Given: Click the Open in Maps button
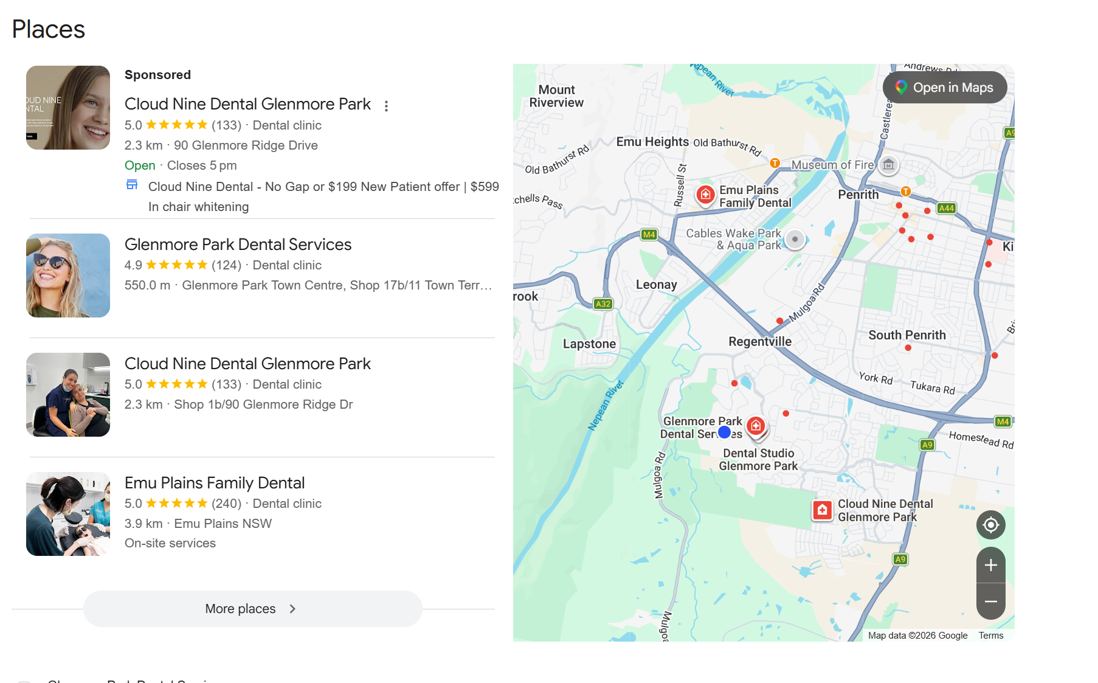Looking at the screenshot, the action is point(944,88).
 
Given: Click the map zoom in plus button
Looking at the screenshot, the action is point(990,565).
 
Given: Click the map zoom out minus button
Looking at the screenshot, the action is point(990,602).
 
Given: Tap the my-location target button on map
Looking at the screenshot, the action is point(990,525).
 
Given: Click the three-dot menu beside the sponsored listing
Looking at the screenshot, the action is point(386,106).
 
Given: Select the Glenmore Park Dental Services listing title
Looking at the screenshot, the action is point(238,244).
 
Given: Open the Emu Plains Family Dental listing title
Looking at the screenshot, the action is point(215,483).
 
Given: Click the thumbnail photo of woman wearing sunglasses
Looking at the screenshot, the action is point(68,276).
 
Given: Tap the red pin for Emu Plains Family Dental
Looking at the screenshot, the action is point(705,195).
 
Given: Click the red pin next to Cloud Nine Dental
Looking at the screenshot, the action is point(822,510).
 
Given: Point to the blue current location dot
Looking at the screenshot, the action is point(724,432).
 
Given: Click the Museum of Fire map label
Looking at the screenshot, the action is point(832,165).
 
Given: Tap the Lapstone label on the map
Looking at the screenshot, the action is point(589,344).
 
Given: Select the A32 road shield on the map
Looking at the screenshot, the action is point(603,303).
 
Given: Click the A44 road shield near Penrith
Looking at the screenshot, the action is point(946,208).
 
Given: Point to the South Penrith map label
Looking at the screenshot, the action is point(906,335).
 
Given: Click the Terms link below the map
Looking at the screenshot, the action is point(990,635).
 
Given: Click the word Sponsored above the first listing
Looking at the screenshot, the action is point(157,75).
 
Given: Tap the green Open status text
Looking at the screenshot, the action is point(140,165).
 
